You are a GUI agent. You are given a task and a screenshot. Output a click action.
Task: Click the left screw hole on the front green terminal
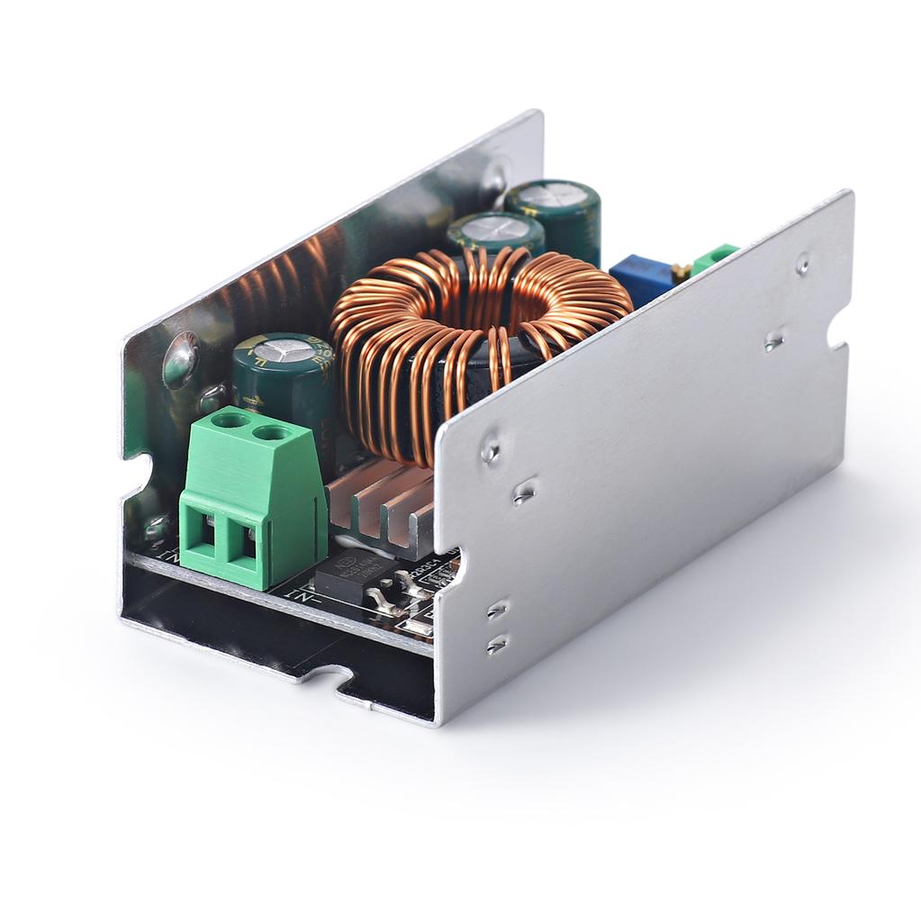tap(230, 420)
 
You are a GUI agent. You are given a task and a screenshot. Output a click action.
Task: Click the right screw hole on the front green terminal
tap(272, 433)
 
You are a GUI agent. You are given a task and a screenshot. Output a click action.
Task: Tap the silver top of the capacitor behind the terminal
tap(284, 349)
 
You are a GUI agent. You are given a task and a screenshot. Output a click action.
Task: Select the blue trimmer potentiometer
tap(641, 278)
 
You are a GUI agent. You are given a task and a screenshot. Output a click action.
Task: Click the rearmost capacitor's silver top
tap(552, 194)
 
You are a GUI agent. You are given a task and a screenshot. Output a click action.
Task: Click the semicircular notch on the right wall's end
tap(838, 330)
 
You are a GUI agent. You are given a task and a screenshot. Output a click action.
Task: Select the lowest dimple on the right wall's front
tap(496, 645)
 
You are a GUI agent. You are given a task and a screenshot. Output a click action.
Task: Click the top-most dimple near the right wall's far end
tap(802, 265)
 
